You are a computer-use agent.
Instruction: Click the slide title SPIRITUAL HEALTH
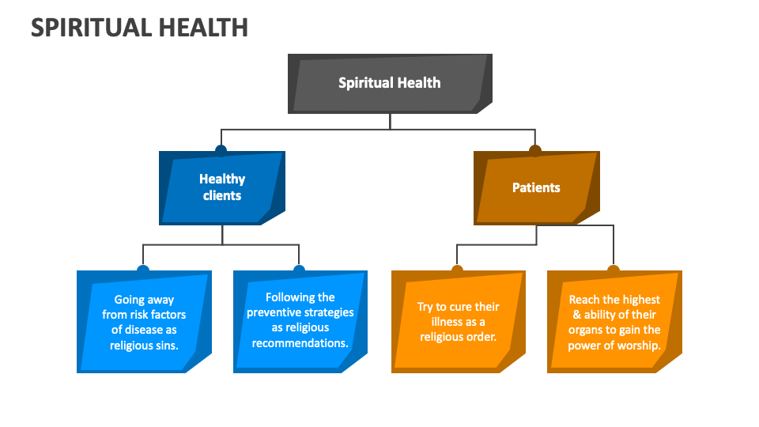coord(139,28)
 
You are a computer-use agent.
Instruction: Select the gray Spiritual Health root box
coord(390,84)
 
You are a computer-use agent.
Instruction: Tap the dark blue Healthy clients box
coord(221,188)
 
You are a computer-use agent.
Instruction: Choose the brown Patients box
coord(536,188)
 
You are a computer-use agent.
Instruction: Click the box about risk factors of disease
coord(144,322)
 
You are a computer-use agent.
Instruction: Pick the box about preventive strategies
coord(300,322)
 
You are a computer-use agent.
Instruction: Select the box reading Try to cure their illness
coord(458,322)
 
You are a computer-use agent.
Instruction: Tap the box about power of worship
coord(614,322)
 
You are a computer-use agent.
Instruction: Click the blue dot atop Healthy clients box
coord(221,150)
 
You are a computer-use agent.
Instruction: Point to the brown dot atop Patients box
coord(535,150)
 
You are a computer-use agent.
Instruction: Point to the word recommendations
coord(300,343)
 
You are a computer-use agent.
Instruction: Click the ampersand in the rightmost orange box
coord(577,315)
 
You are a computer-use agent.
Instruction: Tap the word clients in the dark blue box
coord(222,195)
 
